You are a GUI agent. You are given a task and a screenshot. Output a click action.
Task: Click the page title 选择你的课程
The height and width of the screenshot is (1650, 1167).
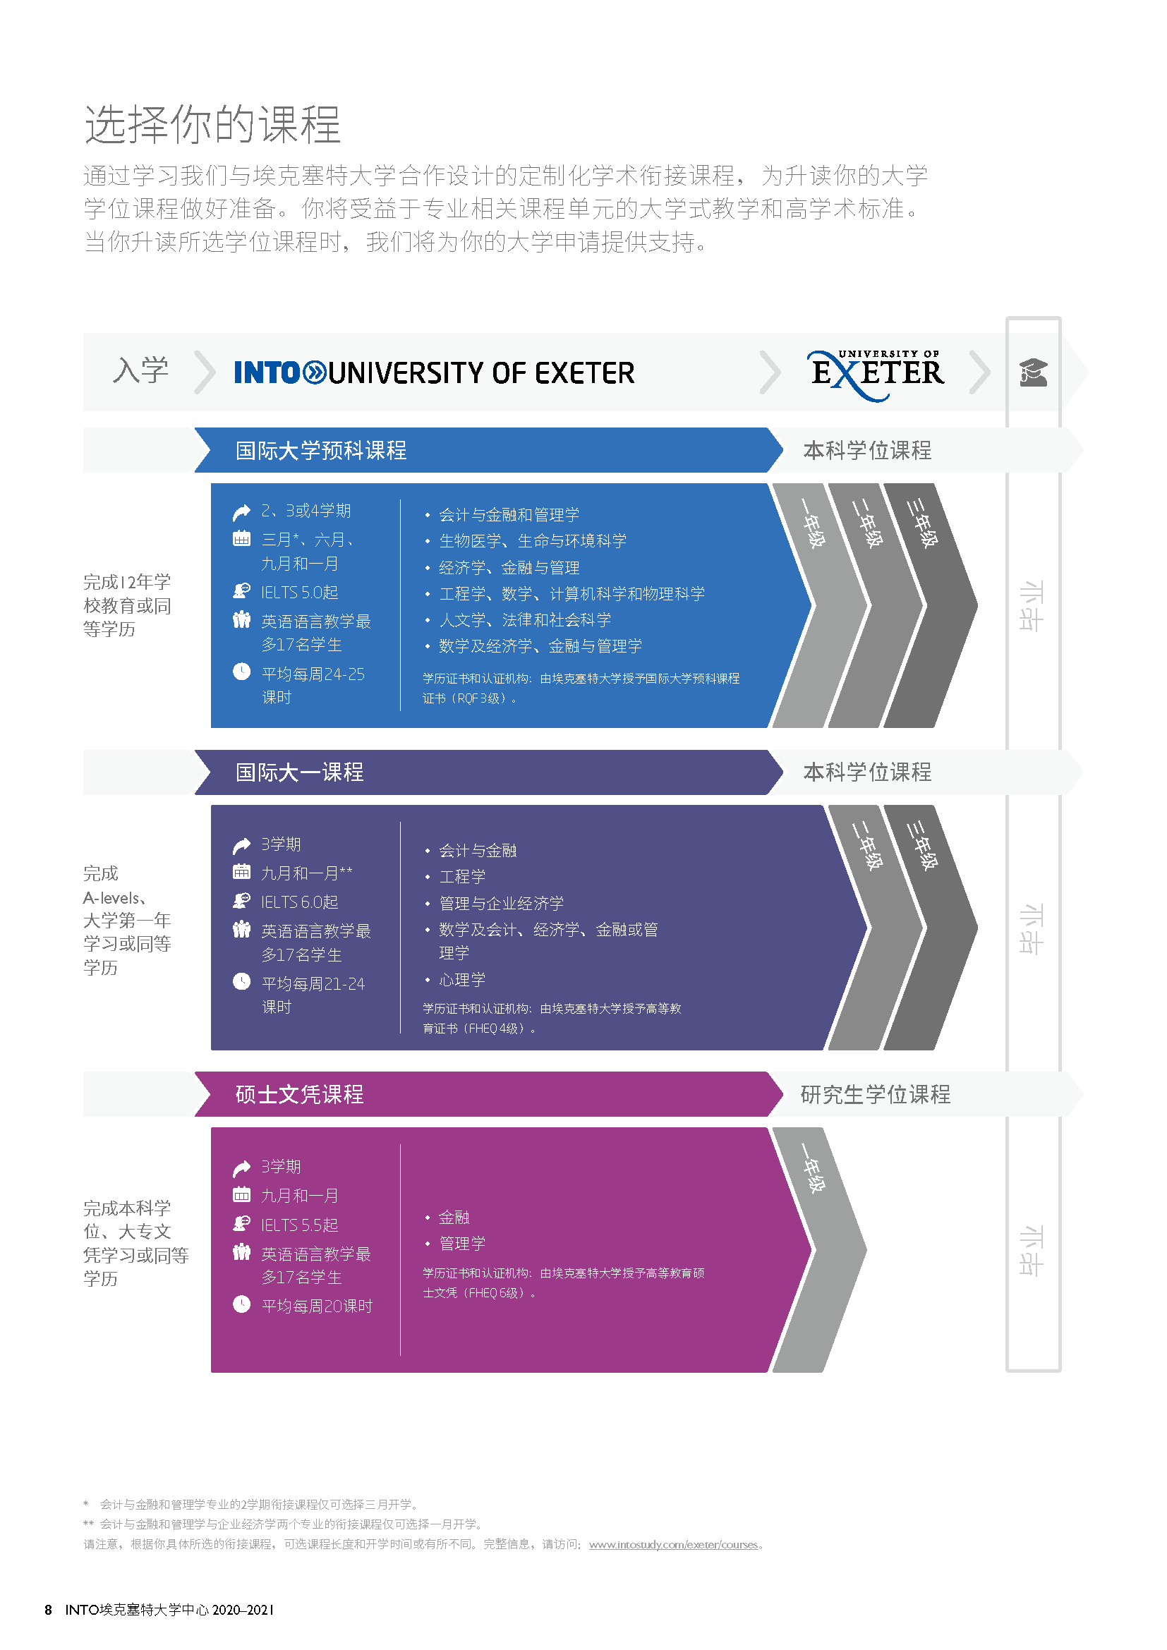click(212, 123)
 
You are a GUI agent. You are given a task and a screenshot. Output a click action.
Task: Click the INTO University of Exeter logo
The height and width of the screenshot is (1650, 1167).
click(434, 372)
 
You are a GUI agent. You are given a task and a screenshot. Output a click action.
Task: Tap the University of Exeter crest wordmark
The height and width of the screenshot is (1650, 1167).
click(877, 375)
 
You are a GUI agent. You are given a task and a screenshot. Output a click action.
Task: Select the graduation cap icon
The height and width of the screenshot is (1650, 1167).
click(1034, 372)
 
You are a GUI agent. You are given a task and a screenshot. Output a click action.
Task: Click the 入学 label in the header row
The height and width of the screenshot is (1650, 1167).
click(141, 370)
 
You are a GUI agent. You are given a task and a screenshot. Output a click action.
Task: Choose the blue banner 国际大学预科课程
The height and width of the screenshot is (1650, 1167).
click(489, 450)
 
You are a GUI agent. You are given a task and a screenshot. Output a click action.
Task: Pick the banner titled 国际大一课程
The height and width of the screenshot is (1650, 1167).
click(489, 772)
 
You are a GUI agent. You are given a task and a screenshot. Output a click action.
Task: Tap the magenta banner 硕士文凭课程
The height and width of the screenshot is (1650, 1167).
click(489, 1094)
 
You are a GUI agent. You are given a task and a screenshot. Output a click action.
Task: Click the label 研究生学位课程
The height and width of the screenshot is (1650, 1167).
click(875, 1094)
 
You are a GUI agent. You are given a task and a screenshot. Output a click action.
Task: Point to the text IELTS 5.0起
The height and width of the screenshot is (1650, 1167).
click(299, 592)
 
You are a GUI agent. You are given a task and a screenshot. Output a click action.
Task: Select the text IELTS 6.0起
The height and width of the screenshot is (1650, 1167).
click(299, 902)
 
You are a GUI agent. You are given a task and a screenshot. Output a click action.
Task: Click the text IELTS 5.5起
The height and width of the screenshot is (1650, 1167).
click(299, 1225)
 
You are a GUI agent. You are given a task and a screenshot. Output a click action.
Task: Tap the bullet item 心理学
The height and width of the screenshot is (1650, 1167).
click(462, 980)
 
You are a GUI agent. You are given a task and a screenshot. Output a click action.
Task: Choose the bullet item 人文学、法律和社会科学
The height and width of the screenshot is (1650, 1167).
click(524, 619)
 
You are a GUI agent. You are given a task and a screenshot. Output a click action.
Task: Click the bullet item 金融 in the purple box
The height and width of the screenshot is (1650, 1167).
click(454, 1217)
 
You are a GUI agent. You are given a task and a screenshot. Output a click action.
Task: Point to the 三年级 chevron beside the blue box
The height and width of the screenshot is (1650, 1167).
click(931, 605)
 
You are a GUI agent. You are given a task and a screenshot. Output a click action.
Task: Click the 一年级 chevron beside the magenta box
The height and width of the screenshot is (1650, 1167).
click(820, 1250)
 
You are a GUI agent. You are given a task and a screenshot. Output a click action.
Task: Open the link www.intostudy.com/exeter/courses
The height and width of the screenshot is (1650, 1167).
click(673, 1543)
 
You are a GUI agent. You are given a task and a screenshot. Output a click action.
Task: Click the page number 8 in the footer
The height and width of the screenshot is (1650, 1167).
click(48, 1610)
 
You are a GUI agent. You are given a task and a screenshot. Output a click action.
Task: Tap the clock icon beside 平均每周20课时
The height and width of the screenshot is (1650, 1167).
click(241, 1303)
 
